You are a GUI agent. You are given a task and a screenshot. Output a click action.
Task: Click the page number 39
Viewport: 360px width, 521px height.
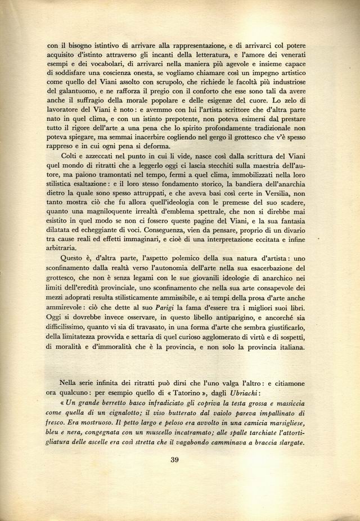[x=174, y=460]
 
